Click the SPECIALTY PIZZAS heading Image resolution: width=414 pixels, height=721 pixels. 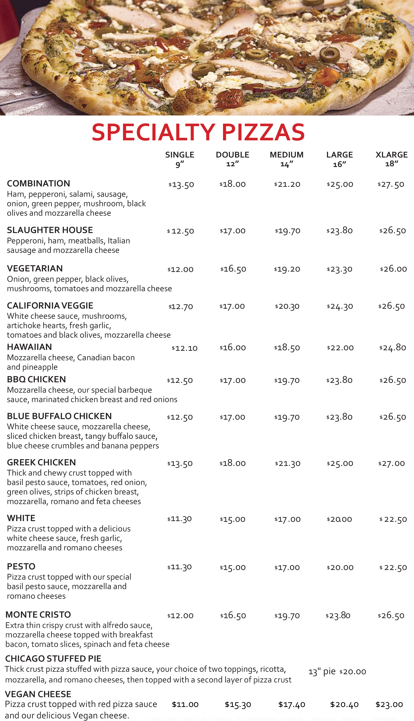[x=198, y=132]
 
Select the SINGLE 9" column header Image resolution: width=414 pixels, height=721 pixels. [x=180, y=159]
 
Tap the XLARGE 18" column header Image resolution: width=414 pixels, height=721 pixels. [x=392, y=159]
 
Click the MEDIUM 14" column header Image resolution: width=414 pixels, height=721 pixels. [x=287, y=159]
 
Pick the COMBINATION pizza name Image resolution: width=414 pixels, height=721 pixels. [x=38, y=183]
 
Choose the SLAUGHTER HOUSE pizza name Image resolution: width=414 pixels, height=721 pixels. [x=50, y=230]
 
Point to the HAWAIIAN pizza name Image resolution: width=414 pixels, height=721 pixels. [x=29, y=347]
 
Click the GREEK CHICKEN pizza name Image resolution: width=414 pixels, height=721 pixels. [x=41, y=462]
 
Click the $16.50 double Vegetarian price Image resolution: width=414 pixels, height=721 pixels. [x=233, y=269]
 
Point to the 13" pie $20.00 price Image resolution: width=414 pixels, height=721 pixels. [x=337, y=672]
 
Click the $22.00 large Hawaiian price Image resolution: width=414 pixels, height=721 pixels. [x=340, y=348]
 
